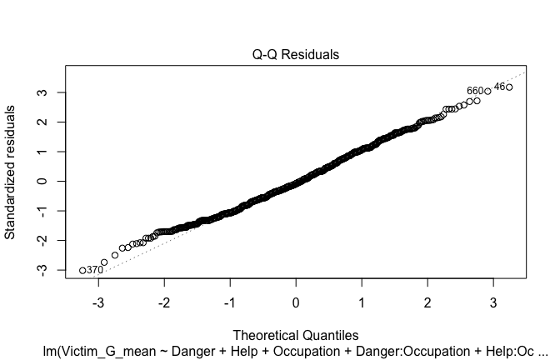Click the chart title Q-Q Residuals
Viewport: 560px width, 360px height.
(296, 55)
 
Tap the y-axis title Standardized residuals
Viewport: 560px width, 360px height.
(11, 172)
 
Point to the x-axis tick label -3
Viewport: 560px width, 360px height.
(97, 301)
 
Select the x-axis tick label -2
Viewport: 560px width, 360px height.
(163, 301)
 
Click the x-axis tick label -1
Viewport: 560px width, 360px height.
(229, 301)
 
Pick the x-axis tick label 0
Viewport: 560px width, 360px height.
(296, 301)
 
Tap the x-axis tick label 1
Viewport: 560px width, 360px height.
(362, 301)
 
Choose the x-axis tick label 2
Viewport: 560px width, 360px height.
(427, 301)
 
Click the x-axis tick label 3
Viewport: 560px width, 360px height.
(493, 301)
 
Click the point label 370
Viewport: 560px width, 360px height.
(95, 271)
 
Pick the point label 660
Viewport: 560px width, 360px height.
(475, 91)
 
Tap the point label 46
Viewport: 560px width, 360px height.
(499, 87)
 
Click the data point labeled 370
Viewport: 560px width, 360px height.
(82, 270)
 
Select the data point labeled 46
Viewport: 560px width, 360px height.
(509, 87)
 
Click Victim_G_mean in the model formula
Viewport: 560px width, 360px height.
(103, 351)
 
